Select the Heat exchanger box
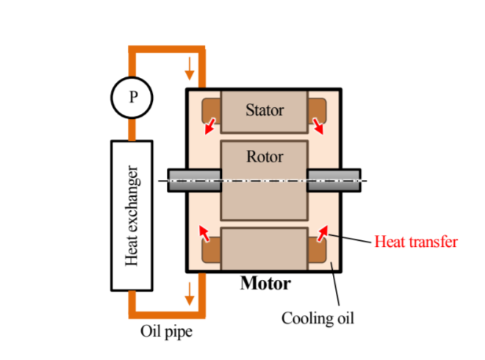click(x=132, y=215)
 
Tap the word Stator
click(x=265, y=112)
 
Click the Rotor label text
click(x=265, y=156)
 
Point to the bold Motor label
click(x=265, y=283)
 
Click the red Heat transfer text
click(x=416, y=241)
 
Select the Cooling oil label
click(x=317, y=318)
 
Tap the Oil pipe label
click(x=166, y=332)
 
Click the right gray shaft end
click(x=334, y=181)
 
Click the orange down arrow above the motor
click(x=190, y=70)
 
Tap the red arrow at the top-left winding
click(x=211, y=126)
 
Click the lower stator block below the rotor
click(x=265, y=250)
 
